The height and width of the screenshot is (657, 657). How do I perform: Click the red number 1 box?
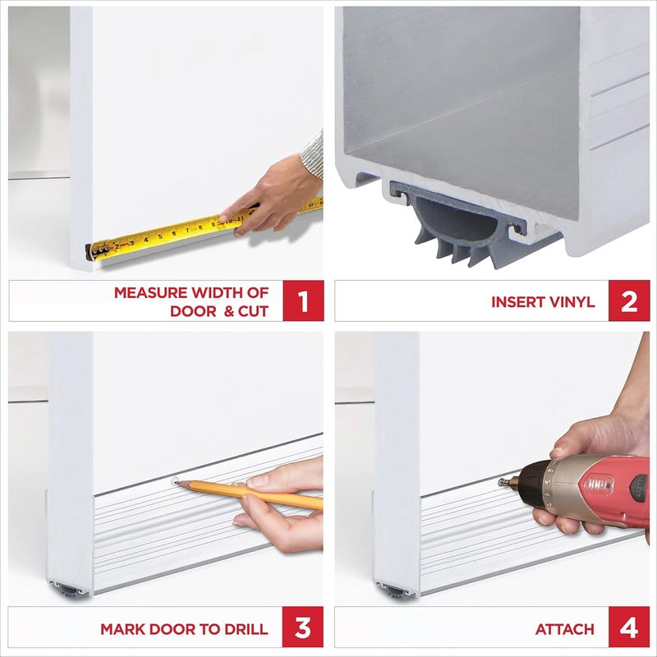point(303,301)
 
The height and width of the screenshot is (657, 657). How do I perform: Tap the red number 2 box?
point(628,301)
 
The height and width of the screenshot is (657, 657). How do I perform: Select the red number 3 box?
point(303,628)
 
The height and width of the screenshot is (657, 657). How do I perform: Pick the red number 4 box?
point(628,628)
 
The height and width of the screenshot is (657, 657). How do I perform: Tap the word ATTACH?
point(564,629)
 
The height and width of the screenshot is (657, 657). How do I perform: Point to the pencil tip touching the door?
point(177,482)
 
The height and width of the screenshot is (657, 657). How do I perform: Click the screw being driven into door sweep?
point(501,483)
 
